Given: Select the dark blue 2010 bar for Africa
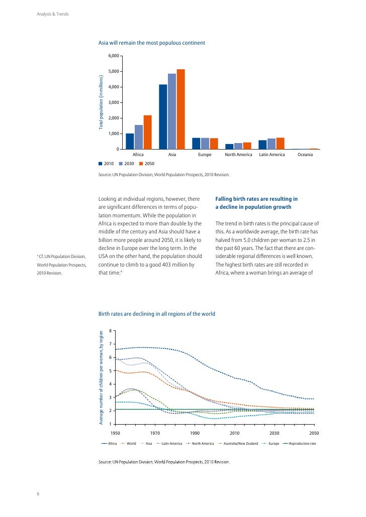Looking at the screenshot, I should (130, 141).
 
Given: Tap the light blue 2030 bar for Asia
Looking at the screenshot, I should (172, 111).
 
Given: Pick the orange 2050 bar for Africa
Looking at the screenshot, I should (147, 132).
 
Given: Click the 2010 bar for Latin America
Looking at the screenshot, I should (262, 145).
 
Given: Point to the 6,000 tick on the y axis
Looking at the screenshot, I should (113, 56).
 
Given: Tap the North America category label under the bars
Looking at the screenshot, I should (238, 155).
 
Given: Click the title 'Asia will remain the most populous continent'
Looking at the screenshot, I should (151, 43).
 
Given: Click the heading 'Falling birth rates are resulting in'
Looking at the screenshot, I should (256, 199).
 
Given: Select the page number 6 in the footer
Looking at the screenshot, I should (38, 493).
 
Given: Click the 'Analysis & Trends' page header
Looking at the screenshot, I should (53, 14).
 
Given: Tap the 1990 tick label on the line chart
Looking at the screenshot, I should (195, 433).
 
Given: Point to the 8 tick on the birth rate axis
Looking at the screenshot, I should (110, 331).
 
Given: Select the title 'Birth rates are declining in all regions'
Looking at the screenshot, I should (157, 314).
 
